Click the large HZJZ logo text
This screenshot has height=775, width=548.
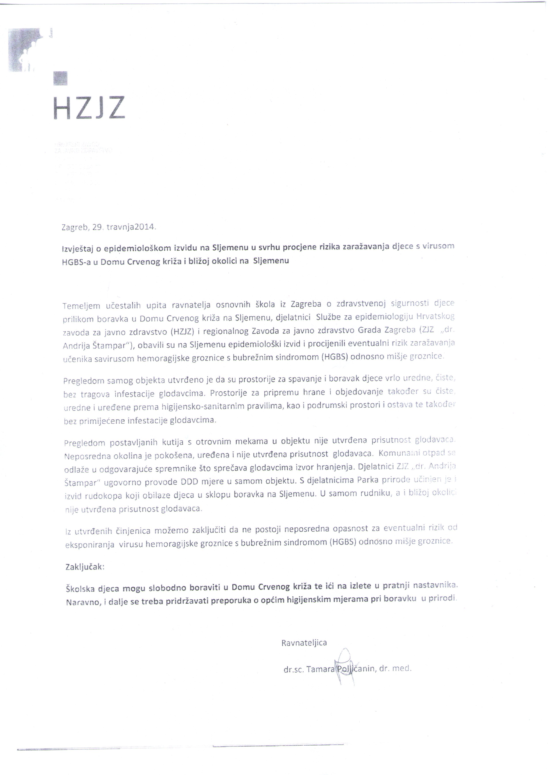pos(89,108)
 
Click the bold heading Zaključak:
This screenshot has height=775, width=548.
pos(85,567)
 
